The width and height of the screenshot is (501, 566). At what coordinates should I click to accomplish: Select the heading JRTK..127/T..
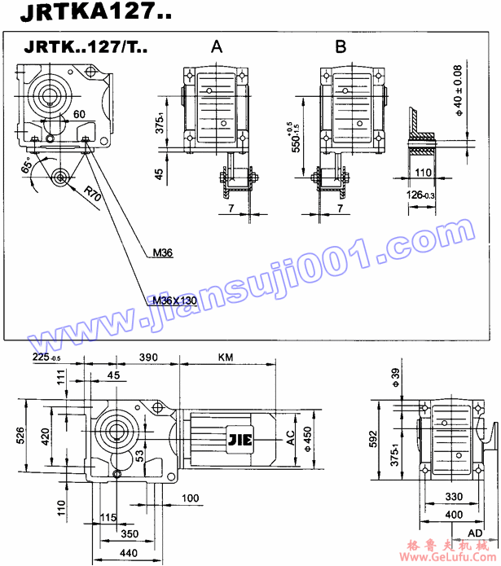[x=86, y=47]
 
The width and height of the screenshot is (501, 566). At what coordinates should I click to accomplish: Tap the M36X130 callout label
[x=175, y=301]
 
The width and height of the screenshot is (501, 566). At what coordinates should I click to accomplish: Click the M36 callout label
[x=162, y=253]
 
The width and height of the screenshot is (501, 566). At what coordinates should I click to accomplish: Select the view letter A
[x=216, y=47]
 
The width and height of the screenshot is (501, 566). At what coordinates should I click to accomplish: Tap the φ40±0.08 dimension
[x=458, y=89]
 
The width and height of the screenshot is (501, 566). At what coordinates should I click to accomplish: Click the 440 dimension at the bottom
[x=130, y=553]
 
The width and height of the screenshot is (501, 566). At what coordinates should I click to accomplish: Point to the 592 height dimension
[x=374, y=440]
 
